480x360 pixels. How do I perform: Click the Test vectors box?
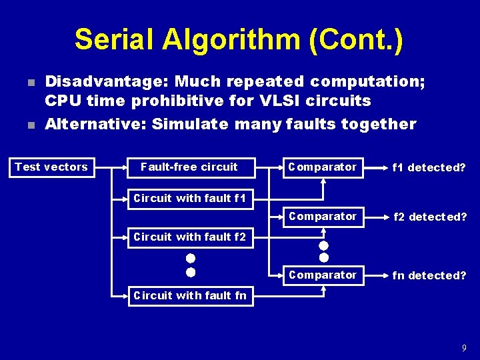coord(51,167)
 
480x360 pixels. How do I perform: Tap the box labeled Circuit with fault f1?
coord(190,198)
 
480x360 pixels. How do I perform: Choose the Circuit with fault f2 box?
coord(190,237)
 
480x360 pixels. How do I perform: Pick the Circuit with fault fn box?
coord(190,295)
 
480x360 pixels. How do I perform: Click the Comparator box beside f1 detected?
coord(323,167)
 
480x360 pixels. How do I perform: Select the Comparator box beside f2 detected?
coord(323,217)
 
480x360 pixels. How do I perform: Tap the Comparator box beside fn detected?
coord(323,275)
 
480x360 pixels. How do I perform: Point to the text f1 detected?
coord(429,167)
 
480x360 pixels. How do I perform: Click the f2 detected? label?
coord(429,217)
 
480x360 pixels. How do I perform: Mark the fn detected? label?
coord(429,275)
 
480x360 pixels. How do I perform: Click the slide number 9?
coord(463,348)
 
